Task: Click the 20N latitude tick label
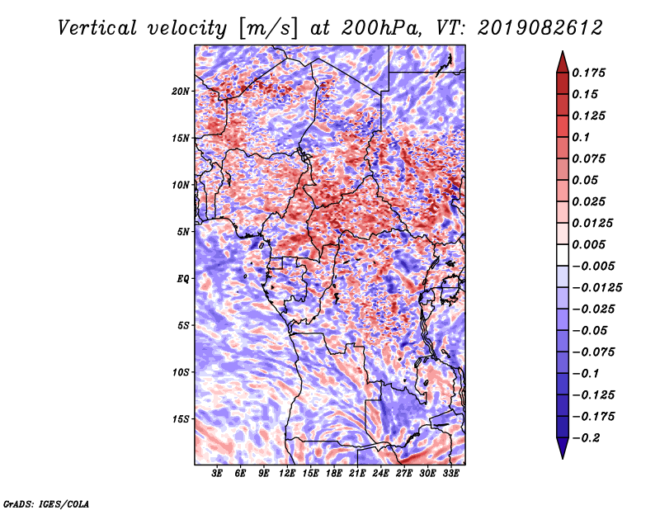[181, 91]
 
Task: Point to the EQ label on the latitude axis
[182, 279]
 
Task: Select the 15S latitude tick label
[181, 419]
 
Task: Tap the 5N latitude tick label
[183, 232]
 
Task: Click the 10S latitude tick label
[181, 372]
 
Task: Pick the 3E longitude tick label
[217, 475]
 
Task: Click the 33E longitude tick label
[451, 475]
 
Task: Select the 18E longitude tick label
[334, 475]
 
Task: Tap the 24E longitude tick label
[381, 475]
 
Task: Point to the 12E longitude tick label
[287, 475]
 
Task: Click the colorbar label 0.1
[582, 137]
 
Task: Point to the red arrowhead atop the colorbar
[562, 60]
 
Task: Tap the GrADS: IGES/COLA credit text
[45, 503]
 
